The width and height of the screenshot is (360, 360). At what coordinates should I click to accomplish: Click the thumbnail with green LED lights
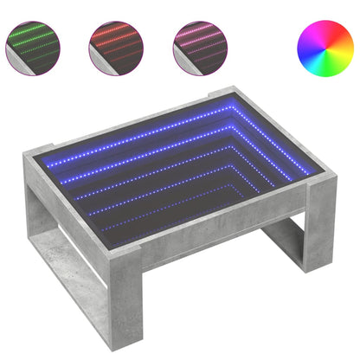click(x=32, y=45)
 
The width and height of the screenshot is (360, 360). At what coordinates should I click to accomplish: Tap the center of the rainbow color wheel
click(x=325, y=45)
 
